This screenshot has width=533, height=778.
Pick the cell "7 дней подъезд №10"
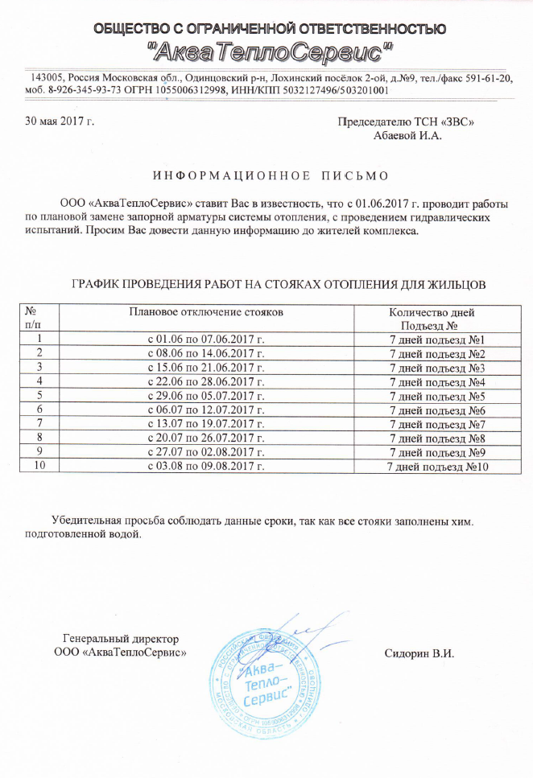point(439,467)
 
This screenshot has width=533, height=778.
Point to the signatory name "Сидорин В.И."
point(420,652)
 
